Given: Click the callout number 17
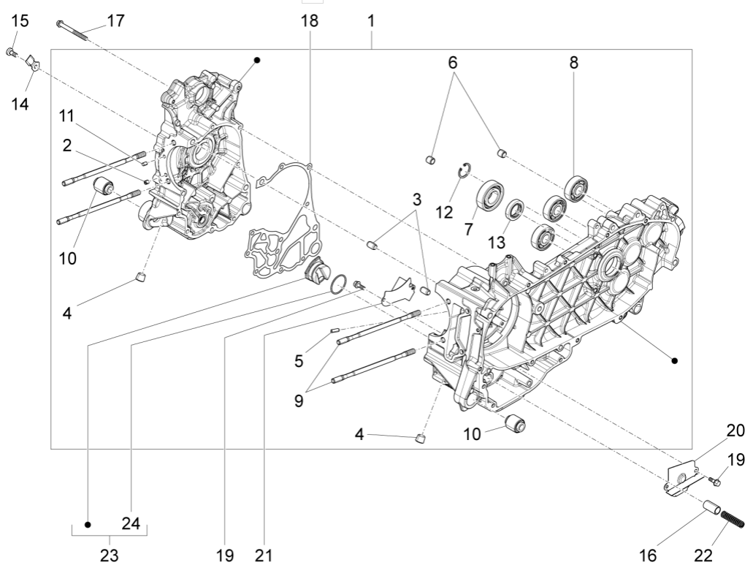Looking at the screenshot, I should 115,20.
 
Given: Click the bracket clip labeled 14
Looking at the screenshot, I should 32,64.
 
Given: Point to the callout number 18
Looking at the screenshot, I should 310,20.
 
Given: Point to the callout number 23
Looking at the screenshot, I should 108,554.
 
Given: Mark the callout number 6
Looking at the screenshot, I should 453,63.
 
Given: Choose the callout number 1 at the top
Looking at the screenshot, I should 371,20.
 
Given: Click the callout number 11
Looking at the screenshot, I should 67,116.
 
